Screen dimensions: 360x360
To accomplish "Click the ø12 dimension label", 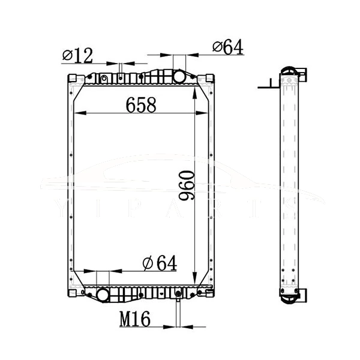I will coord(77,56).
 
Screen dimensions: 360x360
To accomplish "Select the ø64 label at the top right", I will coord(227,47).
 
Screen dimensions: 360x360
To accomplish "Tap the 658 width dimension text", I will coord(141,105).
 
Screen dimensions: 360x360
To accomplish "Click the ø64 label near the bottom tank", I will coord(160,263).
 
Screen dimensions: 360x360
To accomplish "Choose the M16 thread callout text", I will coord(134,319).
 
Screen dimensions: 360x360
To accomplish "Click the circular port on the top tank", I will coord(179,77).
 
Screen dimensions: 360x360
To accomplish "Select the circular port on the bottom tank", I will coord(103,295).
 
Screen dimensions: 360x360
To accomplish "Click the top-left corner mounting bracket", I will coord(72,79).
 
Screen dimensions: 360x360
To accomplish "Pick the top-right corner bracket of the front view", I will coord(209,79).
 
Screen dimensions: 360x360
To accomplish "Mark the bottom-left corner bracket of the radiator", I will coord(72,293).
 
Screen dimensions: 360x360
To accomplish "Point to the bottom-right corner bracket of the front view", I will coord(209,293).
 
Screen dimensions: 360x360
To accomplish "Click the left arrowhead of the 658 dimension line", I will coord(74,113).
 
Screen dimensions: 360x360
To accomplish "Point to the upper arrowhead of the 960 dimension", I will coord(196,88).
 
